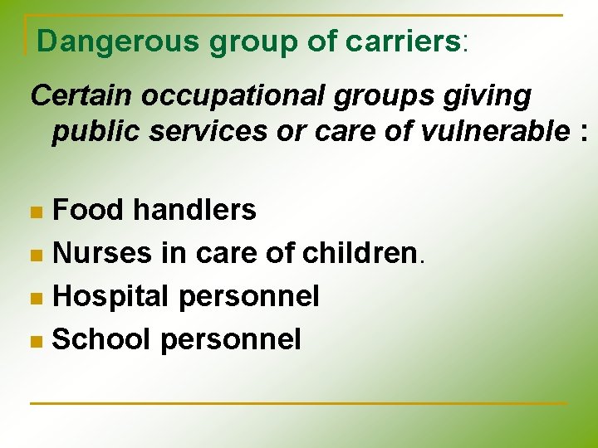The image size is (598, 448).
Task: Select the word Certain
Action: [x=81, y=96]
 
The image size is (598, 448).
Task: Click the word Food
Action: [x=88, y=210]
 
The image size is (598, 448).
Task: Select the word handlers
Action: [x=194, y=210]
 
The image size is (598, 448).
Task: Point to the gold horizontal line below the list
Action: [x=299, y=403]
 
